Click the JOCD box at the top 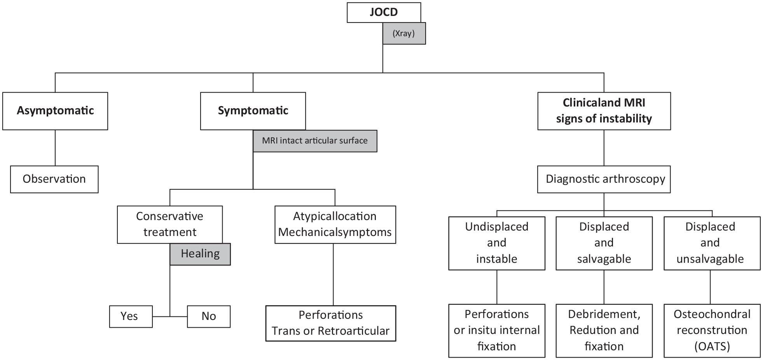384,12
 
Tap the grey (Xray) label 404,33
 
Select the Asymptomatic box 55,111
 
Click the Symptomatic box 253,111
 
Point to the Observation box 54,179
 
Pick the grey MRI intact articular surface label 315,141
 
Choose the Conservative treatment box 170,224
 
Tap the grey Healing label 200,254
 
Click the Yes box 131,316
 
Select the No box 209,316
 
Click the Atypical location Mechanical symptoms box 335,224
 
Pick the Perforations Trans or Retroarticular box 331,323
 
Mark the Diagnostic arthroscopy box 604,179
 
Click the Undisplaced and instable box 497,243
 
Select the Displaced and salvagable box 604,243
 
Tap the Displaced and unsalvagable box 712,243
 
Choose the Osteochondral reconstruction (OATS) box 712,330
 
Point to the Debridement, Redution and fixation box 604,330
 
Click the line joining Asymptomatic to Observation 55,148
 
